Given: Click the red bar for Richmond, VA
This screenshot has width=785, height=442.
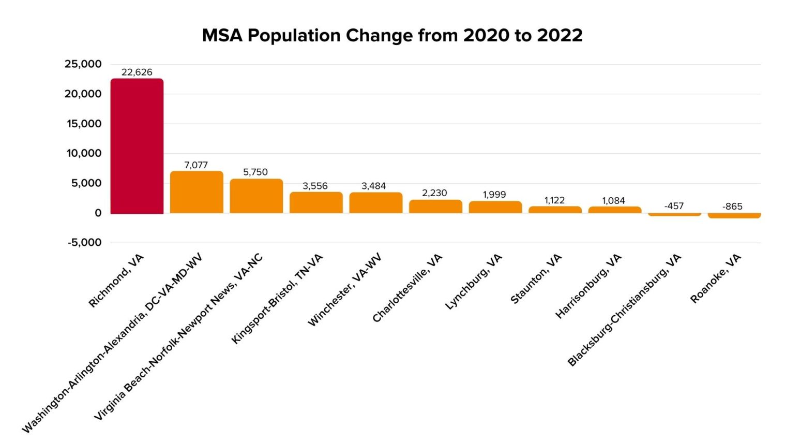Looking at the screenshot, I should [x=137, y=146].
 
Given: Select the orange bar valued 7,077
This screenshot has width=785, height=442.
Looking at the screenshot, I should [x=197, y=192].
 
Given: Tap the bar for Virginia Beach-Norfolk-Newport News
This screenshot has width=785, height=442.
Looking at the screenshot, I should [x=256, y=196].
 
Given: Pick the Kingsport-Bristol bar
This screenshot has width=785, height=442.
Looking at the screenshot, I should [x=315, y=202].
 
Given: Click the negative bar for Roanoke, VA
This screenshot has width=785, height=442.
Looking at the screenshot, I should [x=734, y=215].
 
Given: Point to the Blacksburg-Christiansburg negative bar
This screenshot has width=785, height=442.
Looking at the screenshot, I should [x=674, y=214].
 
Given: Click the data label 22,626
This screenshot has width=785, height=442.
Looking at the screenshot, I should [x=137, y=72].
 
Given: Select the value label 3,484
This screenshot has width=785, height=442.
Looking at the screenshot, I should [x=373, y=186].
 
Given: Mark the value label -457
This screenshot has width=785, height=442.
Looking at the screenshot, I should [x=674, y=206].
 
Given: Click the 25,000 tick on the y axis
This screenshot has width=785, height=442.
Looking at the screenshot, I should [x=83, y=64].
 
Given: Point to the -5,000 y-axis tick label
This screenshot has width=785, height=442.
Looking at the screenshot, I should [x=84, y=242].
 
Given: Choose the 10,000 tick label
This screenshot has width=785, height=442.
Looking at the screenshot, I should [x=84, y=153].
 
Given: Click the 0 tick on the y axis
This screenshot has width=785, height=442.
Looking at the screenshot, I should [x=98, y=213].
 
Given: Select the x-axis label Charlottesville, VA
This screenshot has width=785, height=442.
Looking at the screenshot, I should [x=407, y=288].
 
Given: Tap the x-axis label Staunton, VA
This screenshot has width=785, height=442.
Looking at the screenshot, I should [x=536, y=278].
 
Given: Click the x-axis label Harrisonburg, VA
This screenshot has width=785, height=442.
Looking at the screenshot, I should [x=588, y=286].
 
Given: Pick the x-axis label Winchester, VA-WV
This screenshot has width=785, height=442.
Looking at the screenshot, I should [x=344, y=289].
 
